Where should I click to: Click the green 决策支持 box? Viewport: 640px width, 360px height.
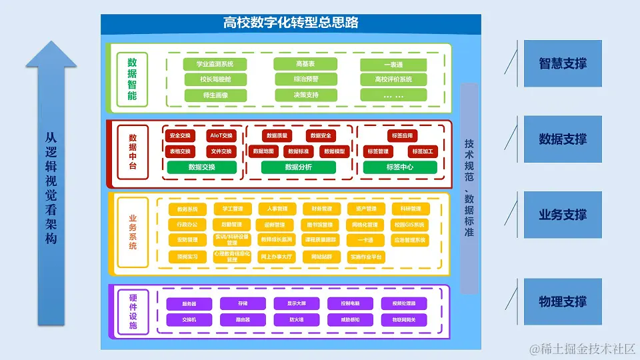[x=306, y=95]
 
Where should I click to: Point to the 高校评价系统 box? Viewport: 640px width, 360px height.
[x=393, y=80]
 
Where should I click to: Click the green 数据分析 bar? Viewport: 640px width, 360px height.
[x=298, y=167]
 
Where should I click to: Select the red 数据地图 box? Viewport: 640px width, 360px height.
[x=263, y=152]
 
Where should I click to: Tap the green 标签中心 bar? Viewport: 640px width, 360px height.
[x=400, y=167]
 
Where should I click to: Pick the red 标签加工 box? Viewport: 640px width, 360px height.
[x=423, y=152]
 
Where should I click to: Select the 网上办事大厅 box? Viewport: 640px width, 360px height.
[x=276, y=257]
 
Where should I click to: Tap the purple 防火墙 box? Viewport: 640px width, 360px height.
[x=296, y=320]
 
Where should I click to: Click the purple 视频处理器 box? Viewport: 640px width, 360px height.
[x=404, y=304]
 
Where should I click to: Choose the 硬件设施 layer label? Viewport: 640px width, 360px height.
[x=133, y=311]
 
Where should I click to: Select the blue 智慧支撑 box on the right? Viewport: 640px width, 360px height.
[x=563, y=64]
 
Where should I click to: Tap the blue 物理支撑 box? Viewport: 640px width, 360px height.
[x=563, y=302]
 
